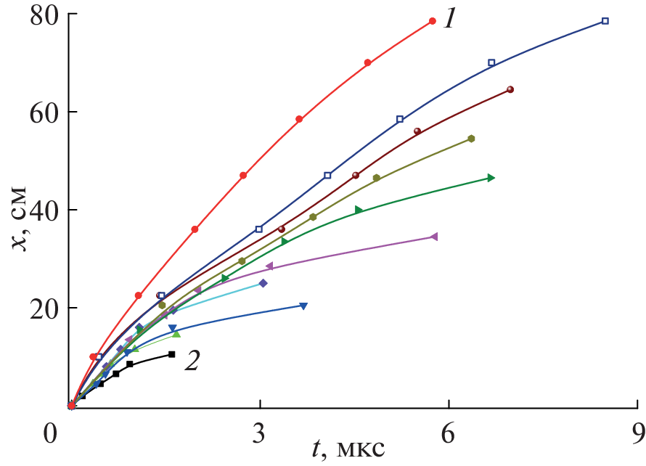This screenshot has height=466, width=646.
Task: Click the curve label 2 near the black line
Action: pos(192,361)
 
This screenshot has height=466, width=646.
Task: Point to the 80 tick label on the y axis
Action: pos(44,15)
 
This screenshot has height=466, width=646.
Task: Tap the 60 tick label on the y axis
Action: pos(44,113)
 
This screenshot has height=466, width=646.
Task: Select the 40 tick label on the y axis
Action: pos(44,210)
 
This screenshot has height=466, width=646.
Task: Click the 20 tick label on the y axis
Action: pos(44,308)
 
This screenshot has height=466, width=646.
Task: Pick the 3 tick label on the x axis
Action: pos(260,434)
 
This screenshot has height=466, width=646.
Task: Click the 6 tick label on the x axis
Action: pos(449,434)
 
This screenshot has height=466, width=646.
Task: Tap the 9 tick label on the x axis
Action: pos(638,434)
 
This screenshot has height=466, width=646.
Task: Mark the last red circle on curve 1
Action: pos(432,21)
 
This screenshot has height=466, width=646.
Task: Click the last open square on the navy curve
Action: pos(605,21)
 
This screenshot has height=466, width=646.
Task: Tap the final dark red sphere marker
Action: pos(510,90)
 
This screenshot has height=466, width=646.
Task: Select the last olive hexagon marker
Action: pos(471,139)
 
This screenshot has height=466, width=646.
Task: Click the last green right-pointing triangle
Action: pos(491,178)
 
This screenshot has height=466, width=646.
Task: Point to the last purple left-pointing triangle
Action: pos(434,237)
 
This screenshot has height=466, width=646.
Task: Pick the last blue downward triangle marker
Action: pos(303,306)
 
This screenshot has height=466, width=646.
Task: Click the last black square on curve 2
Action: pos(172,354)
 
